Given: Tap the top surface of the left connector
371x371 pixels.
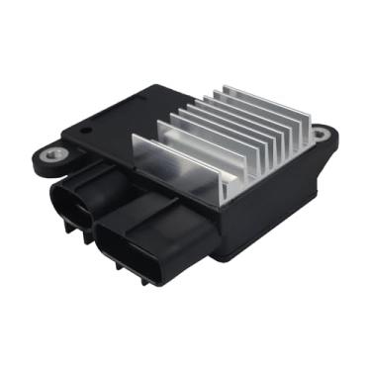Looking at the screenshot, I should coord(94,178).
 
